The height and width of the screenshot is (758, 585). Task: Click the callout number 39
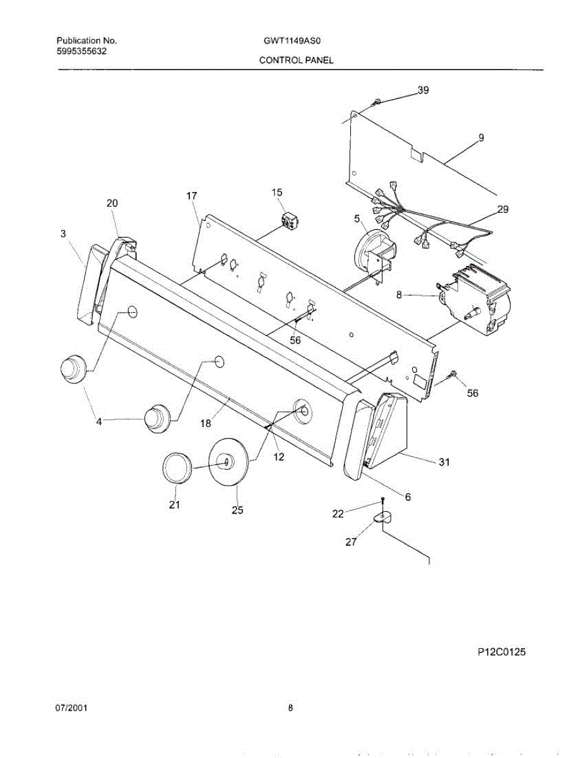coord(423,90)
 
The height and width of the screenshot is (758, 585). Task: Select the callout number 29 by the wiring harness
coord(502,210)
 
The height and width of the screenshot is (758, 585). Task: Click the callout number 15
coord(277,192)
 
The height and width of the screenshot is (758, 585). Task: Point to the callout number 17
coord(192,196)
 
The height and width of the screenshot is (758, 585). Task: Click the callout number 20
coord(112,203)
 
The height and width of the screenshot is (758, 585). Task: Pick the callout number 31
coord(444,462)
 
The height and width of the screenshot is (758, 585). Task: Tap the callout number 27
coord(351,541)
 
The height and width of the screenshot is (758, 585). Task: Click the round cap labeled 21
coord(177,469)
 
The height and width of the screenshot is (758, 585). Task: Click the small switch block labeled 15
coord(290,221)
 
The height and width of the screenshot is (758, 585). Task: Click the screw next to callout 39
coord(376,101)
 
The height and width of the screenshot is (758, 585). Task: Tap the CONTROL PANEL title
coord(295,61)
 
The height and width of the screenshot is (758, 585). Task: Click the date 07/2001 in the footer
coord(71,708)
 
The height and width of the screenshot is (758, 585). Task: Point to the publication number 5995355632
coord(81,51)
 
